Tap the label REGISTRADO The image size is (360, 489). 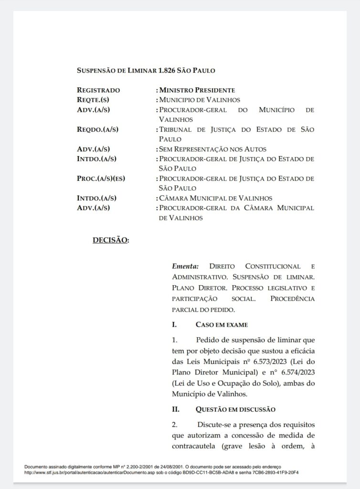coord(98,90)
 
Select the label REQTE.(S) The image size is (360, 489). coord(94,100)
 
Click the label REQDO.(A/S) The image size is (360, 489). coord(97,129)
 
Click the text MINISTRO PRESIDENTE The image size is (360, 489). coord(197,90)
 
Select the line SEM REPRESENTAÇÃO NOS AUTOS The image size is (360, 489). coord(212,149)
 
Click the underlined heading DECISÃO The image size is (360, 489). coord(110,240)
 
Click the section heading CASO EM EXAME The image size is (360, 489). coord(222,325)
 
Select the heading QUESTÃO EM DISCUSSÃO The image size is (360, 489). coord(235,409)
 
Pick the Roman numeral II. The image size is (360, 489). coord(175,409)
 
